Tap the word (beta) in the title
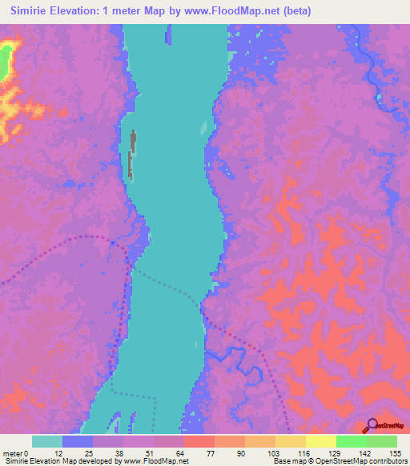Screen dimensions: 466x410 [293, 10]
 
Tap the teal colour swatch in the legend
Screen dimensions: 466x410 [47, 441]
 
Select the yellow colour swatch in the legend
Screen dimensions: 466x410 [320, 441]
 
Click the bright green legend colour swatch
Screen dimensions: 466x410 [351, 441]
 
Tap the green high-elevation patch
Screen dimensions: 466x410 [6, 59]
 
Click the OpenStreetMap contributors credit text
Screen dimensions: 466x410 [360, 461]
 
